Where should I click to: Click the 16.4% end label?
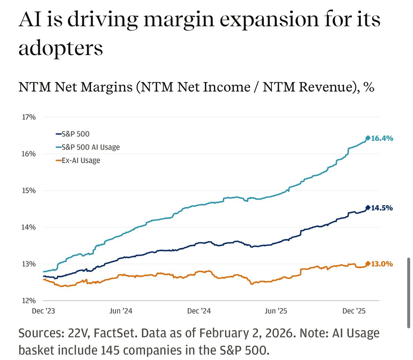(382, 138)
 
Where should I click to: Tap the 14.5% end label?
(382, 208)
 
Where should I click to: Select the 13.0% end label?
(382, 264)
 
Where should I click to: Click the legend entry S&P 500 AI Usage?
(91, 147)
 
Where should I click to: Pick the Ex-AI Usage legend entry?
(81, 160)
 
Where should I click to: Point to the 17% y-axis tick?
(29, 117)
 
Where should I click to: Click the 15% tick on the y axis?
(29, 190)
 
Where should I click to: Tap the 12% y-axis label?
(29, 301)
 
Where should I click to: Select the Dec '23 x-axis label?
(43, 311)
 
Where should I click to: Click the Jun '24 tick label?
(121, 311)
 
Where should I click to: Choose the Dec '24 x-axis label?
(199, 311)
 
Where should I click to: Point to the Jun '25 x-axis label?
(276, 311)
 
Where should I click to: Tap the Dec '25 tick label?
(354, 311)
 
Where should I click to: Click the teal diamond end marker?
(368, 138)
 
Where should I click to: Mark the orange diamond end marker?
(368, 263)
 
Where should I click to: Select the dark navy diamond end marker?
(368, 207)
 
